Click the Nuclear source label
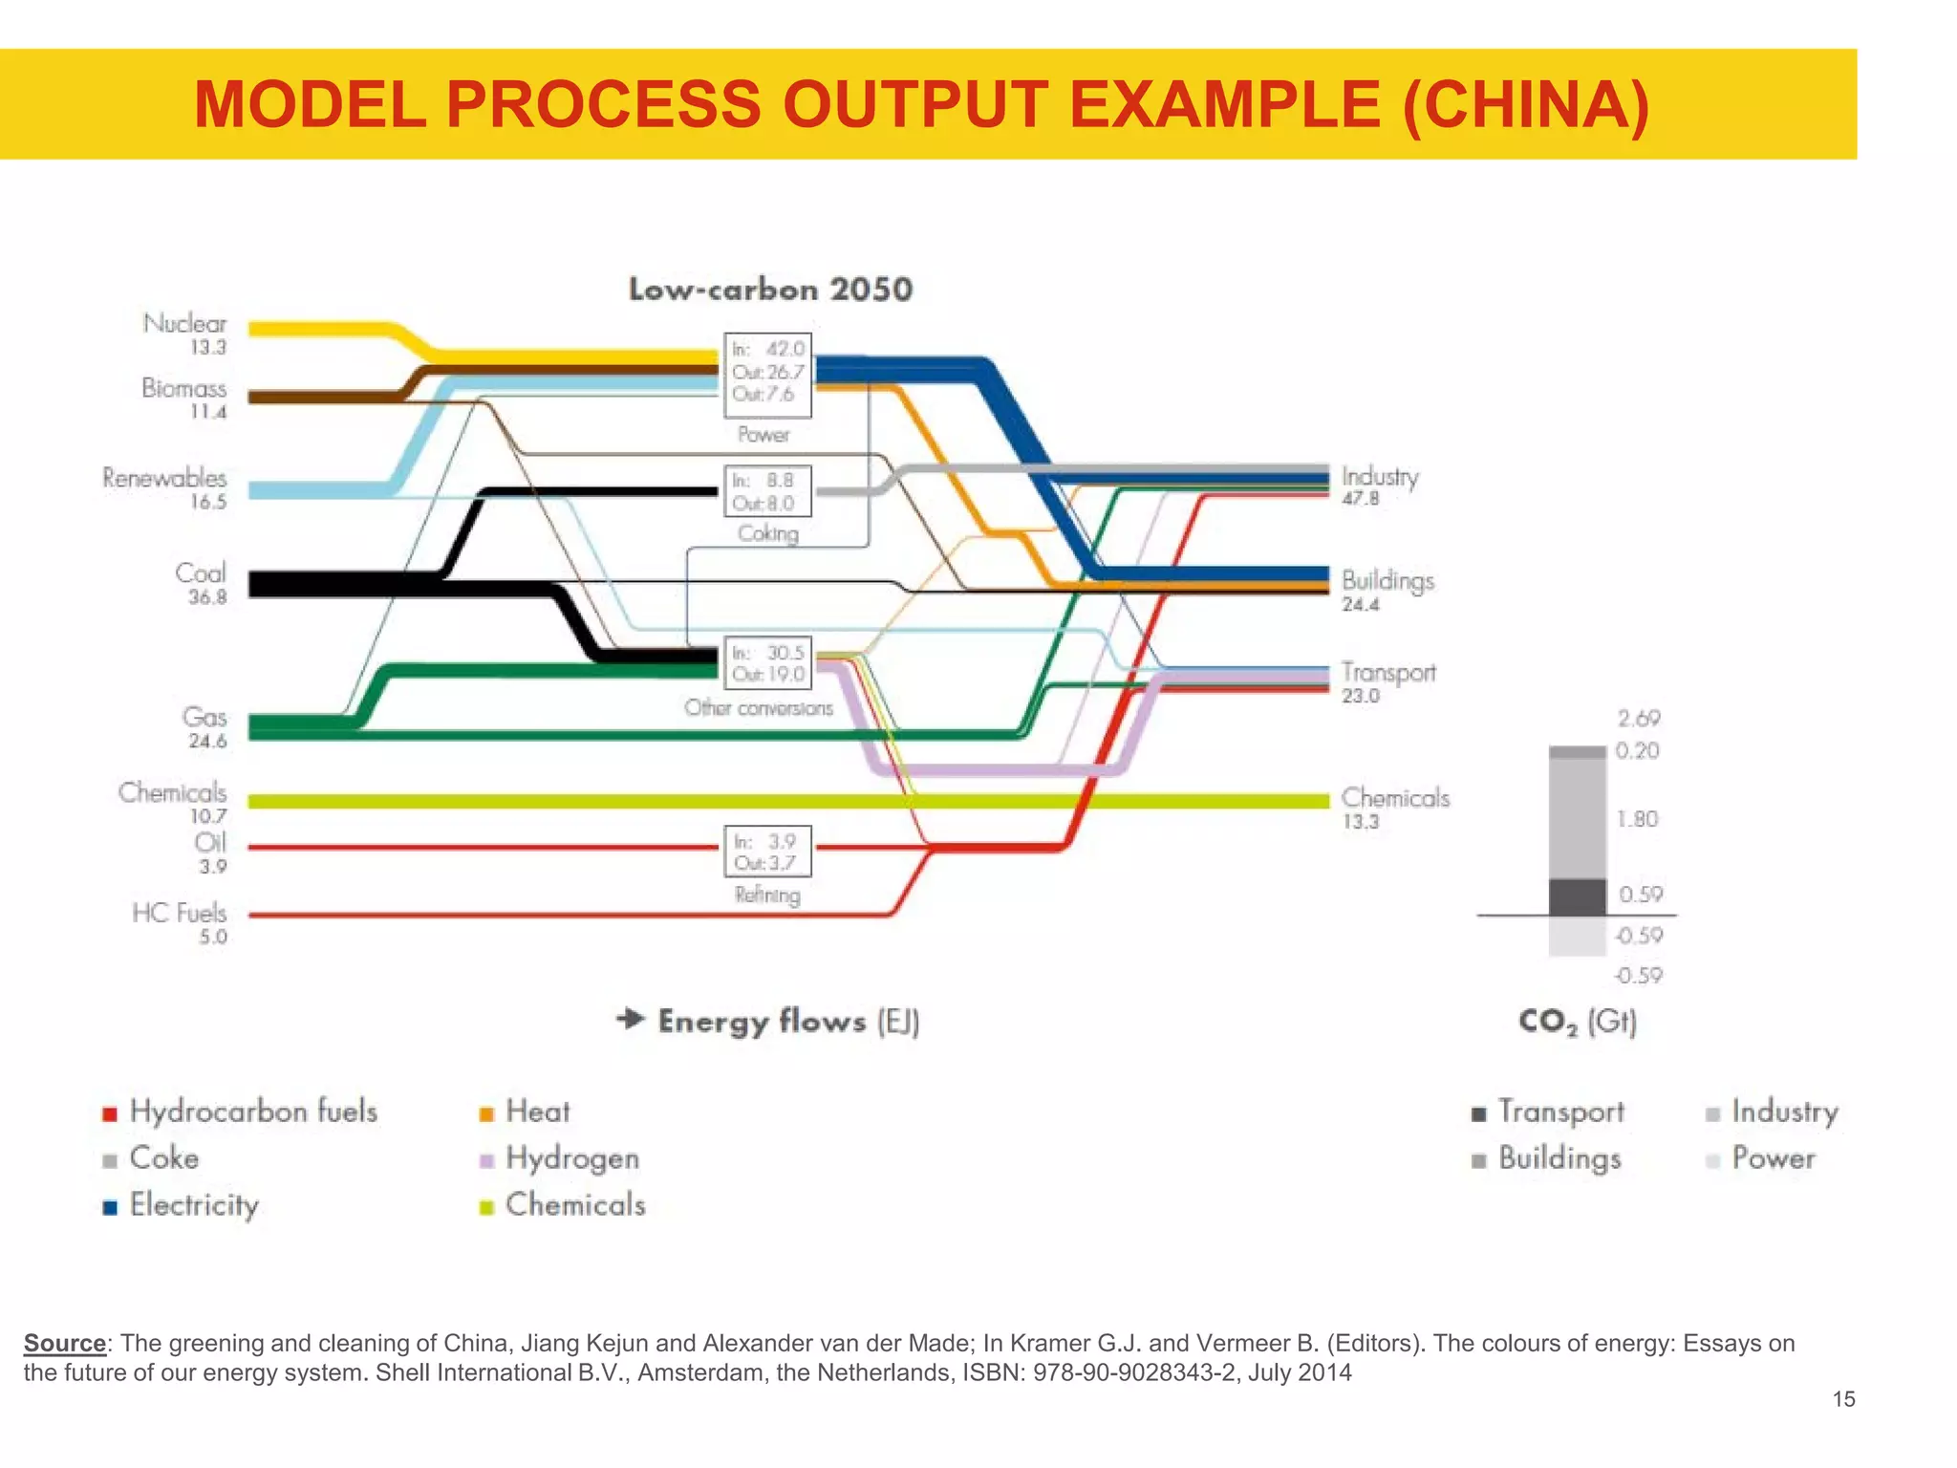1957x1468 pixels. pyautogui.click(x=185, y=324)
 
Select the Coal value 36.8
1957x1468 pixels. pyautogui.click(x=207, y=597)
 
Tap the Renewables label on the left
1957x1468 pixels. pyautogui.click(x=164, y=478)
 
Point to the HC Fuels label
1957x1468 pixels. pyautogui.click(x=180, y=913)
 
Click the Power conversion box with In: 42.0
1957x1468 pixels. pyautogui.click(x=767, y=374)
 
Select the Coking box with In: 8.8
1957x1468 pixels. pyautogui.click(x=767, y=491)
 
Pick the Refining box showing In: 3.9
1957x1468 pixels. pyautogui.click(x=767, y=852)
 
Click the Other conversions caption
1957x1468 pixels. pyautogui.click(x=759, y=708)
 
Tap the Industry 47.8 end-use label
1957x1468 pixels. pyautogui.click(x=1379, y=486)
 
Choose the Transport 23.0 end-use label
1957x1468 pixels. pyautogui.click(x=1387, y=682)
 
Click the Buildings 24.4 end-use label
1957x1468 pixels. pyautogui.click(x=1387, y=591)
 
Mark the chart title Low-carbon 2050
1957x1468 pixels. pyautogui.click(x=770, y=290)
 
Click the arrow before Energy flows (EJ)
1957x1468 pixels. pyautogui.click(x=631, y=1019)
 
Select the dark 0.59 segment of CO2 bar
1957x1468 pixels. pyautogui.click(x=1577, y=897)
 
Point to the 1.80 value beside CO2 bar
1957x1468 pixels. pyautogui.click(x=1637, y=819)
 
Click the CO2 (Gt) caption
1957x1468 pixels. pyautogui.click(x=1578, y=1022)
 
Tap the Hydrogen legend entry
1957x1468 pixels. pyautogui.click(x=571, y=1158)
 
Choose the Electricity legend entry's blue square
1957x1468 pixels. pyautogui.click(x=110, y=1207)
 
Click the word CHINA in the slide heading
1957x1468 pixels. pyautogui.click(x=1525, y=104)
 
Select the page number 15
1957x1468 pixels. pyautogui.click(x=1843, y=1399)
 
